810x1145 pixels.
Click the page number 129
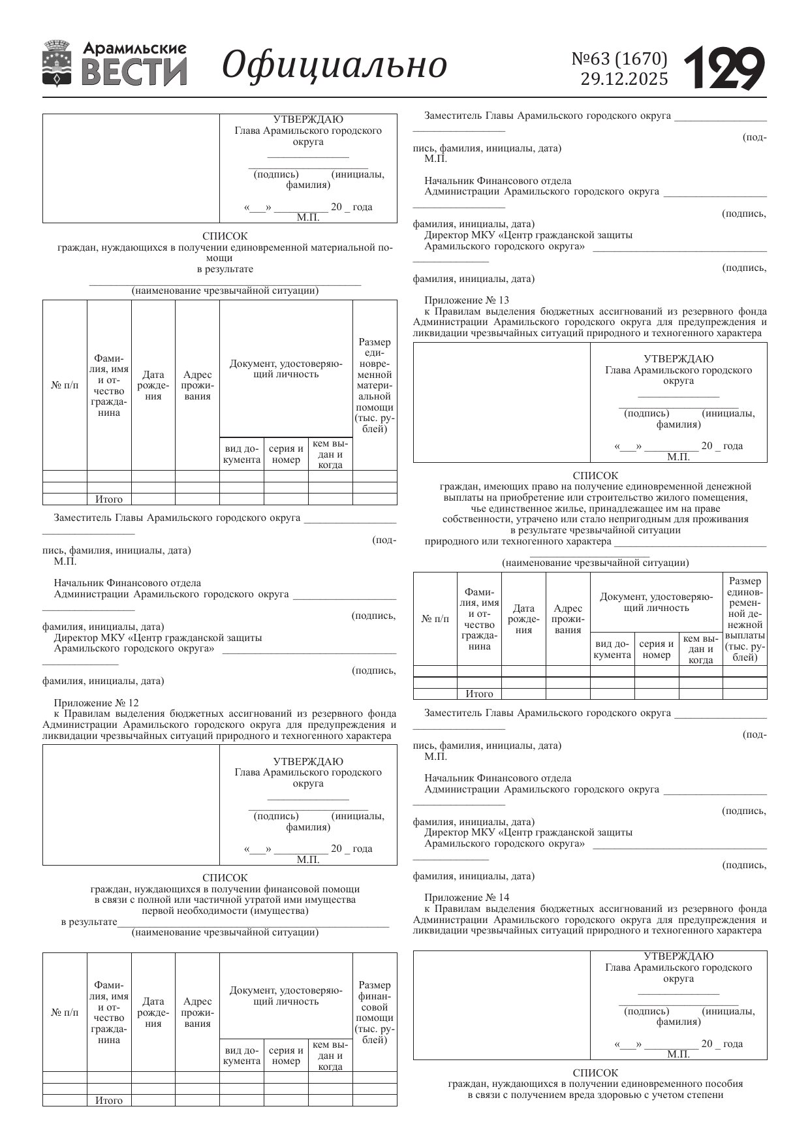[724, 67]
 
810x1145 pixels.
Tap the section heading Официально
[334, 65]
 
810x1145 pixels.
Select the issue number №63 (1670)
[619, 59]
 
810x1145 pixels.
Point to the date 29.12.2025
[624, 79]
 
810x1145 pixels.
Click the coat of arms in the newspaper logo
[57, 63]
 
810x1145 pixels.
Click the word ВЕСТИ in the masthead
[134, 72]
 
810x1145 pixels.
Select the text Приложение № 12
[96, 703]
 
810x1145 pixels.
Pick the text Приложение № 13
[467, 300]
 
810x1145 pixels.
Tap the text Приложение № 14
[467, 898]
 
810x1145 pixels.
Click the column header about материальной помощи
[375, 385]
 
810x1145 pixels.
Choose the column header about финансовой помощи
[375, 1012]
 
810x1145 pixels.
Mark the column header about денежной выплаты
[745, 619]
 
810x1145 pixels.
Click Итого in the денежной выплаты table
[479, 694]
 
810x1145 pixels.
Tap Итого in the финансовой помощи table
[109, 1101]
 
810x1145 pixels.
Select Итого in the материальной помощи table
[109, 499]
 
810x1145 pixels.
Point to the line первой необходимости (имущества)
[225, 911]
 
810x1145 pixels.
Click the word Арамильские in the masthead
[134, 48]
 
